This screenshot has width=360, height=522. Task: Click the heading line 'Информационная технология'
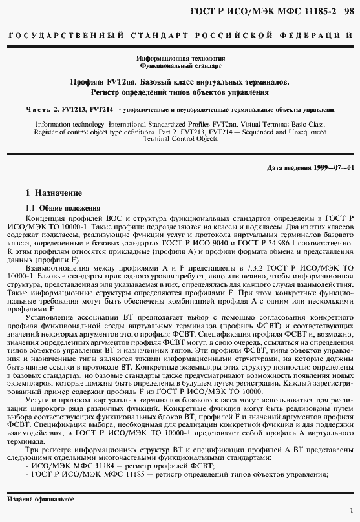(x=180, y=59)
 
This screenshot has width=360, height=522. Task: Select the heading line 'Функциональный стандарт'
(x=180, y=66)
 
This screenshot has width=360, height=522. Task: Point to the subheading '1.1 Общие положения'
(x=63, y=208)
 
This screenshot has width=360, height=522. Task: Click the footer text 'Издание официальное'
(x=40, y=499)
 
